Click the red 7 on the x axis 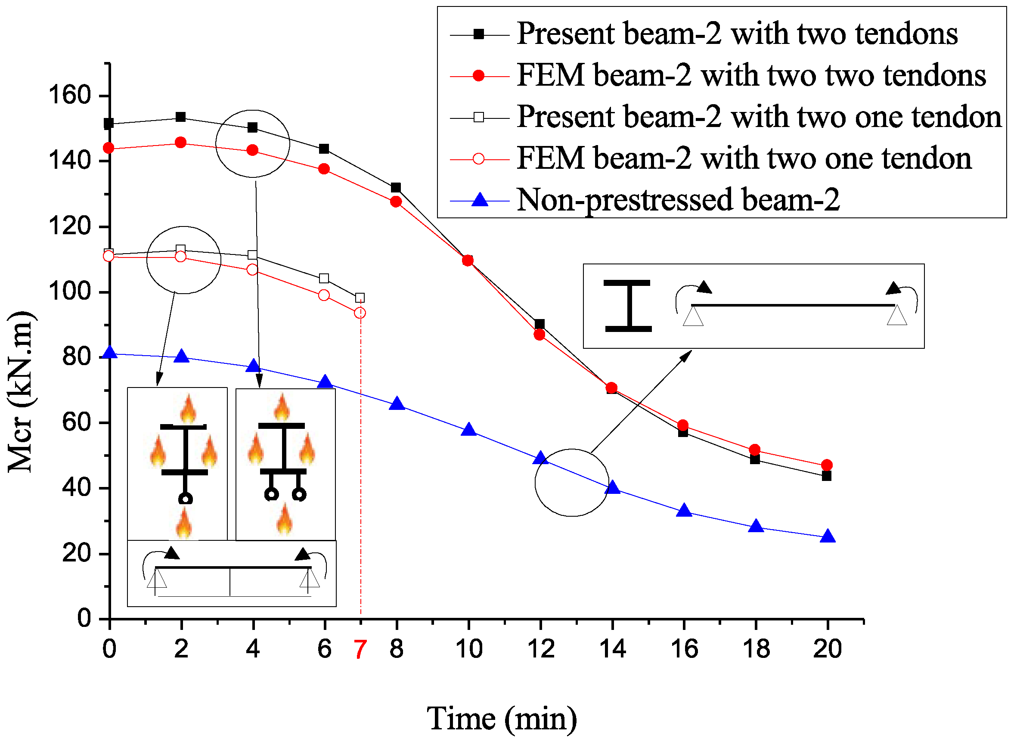tap(360, 649)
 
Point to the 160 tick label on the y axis tap(69, 95)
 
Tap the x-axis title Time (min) tap(501, 719)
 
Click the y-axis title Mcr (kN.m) tap(21, 391)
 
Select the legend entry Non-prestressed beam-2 tap(678, 200)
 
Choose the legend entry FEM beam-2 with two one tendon tap(744, 158)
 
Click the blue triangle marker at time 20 tap(827, 537)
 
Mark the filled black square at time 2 tap(181, 118)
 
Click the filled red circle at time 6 tap(324, 169)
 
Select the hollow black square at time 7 tap(360, 298)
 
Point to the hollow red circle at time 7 tap(360, 313)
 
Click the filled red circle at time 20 tap(827, 465)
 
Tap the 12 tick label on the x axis tap(540, 649)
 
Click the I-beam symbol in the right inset tap(628, 306)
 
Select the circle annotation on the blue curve tap(571, 483)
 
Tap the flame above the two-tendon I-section tap(282, 407)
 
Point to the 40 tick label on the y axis tap(76, 487)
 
